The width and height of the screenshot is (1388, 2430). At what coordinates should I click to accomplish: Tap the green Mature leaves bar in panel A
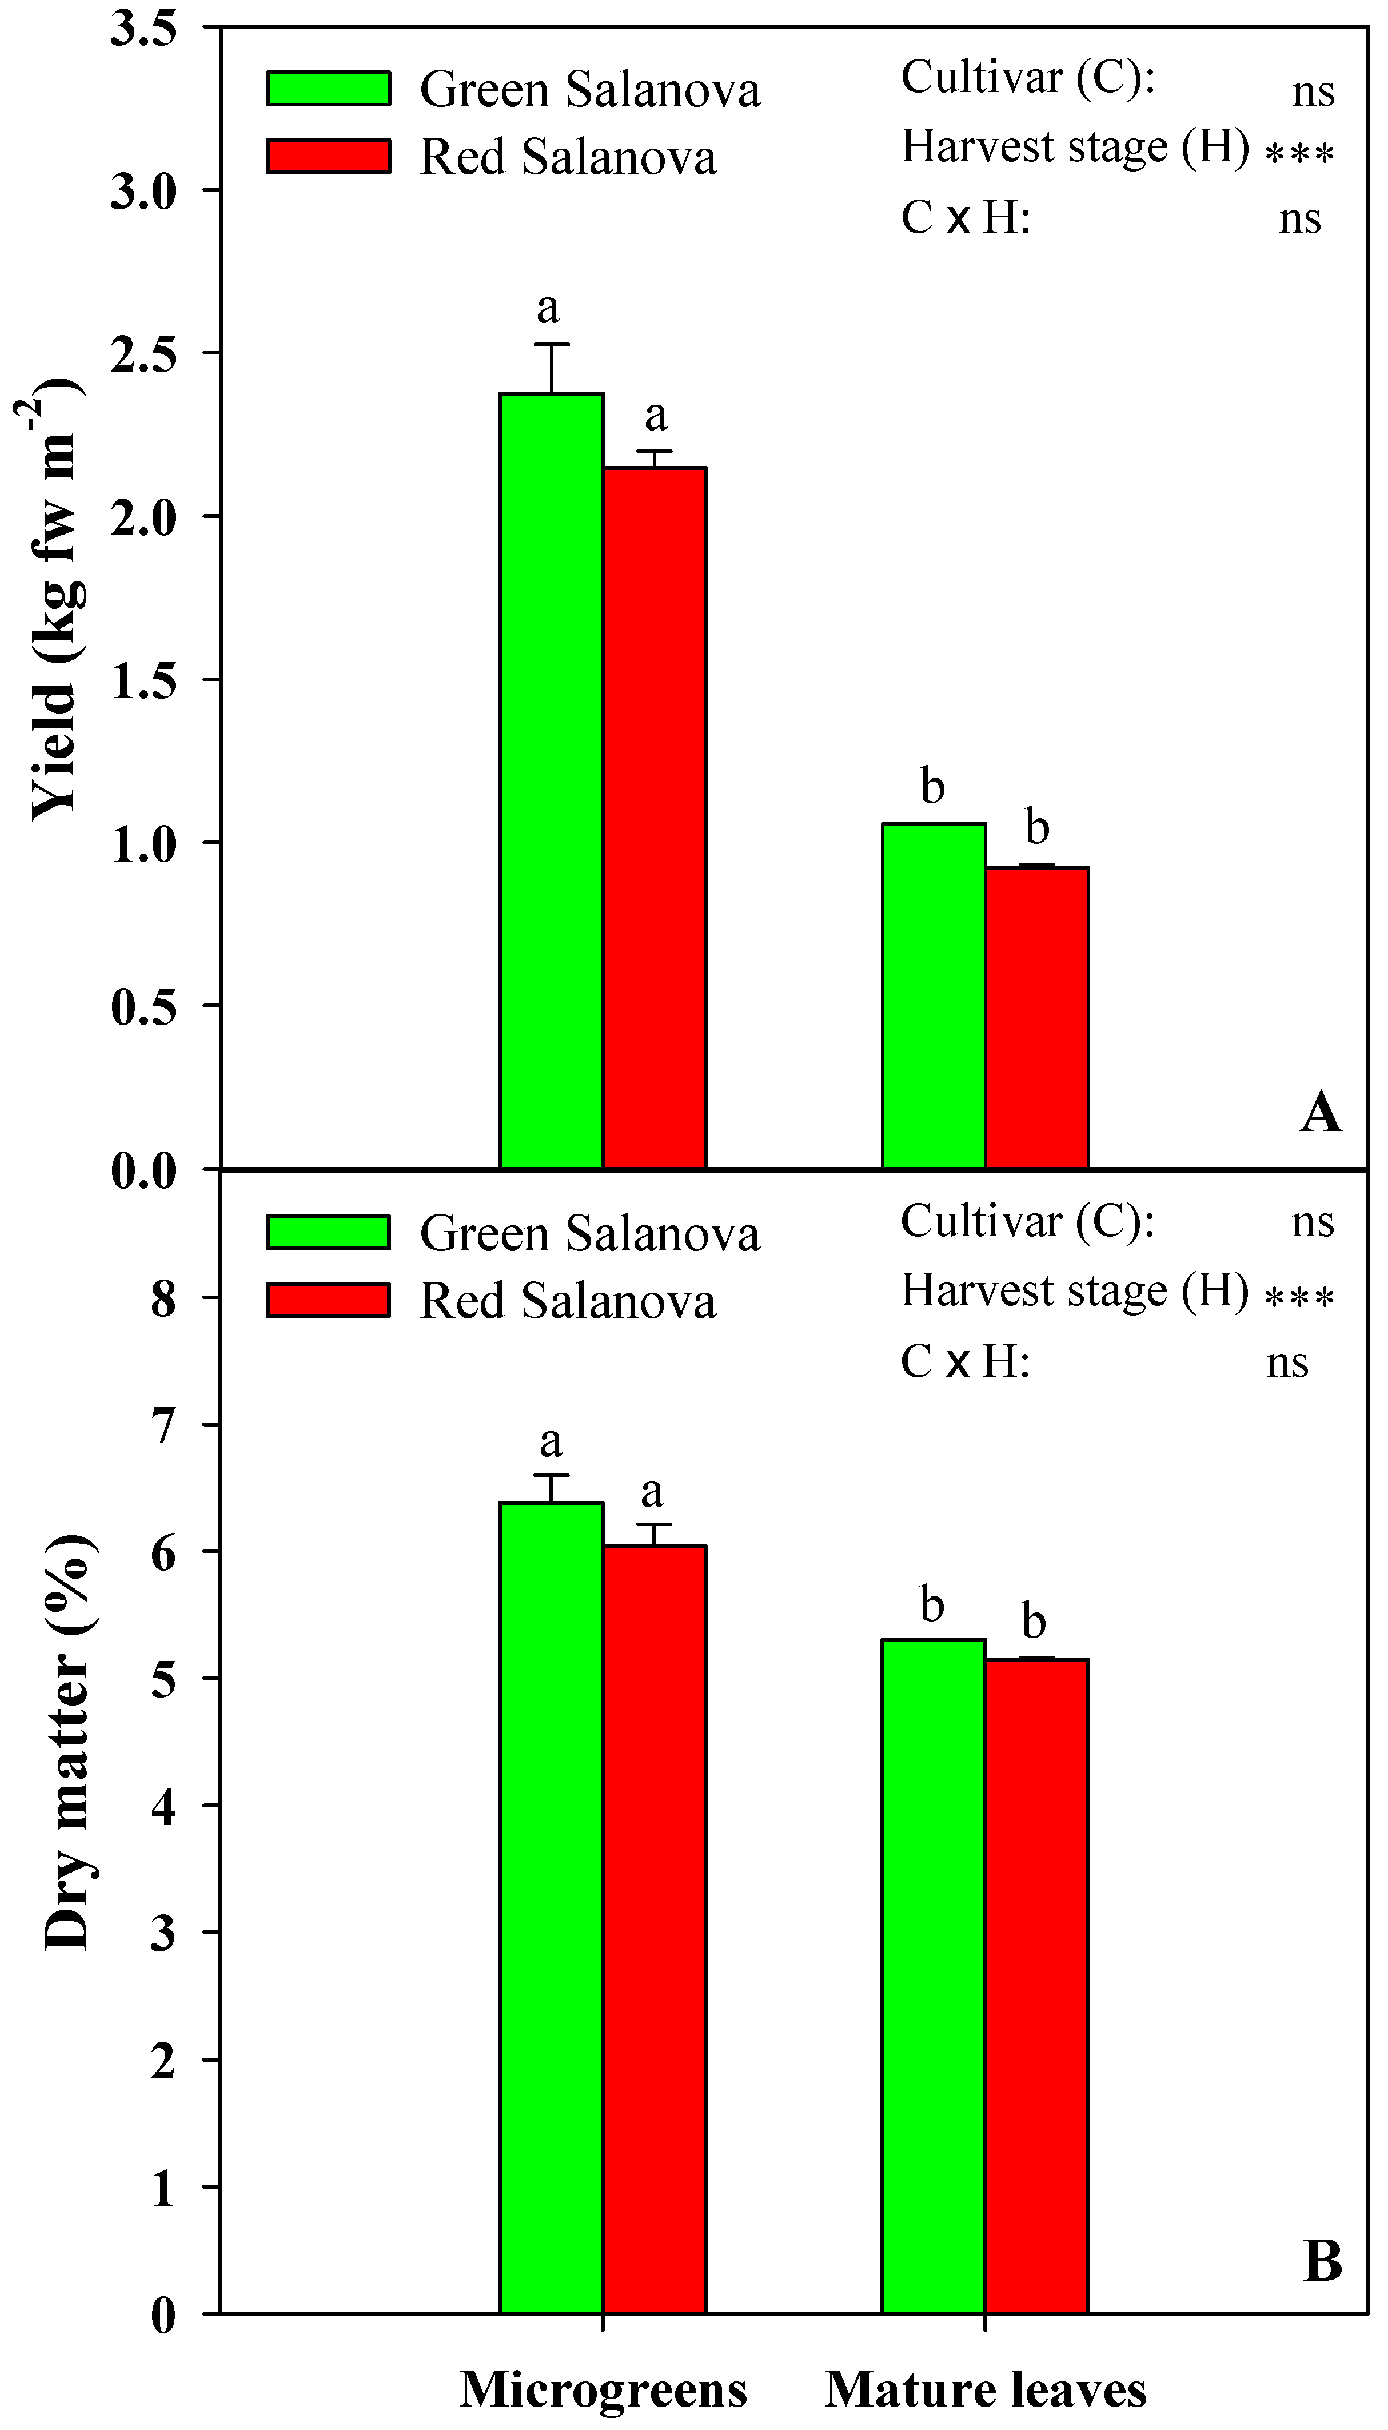coord(934,995)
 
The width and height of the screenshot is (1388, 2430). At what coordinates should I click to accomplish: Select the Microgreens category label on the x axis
coord(604,2389)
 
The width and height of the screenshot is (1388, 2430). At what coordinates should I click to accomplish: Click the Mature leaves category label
coord(986,2389)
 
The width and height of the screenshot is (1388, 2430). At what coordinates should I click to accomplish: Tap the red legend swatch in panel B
coord(328,1300)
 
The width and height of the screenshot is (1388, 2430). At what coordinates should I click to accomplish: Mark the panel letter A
coord(1321,1112)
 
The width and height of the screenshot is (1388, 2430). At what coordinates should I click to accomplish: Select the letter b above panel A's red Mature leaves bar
coord(1037,827)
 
